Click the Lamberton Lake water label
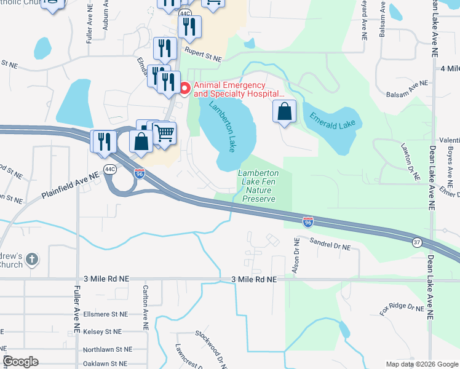click(x=223, y=127)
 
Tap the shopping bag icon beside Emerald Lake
click(x=284, y=112)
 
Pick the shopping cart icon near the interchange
click(x=164, y=132)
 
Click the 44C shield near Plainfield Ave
click(x=110, y=169)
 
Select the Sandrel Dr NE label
click(x=330, y=245)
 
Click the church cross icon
click(x=32, y=260)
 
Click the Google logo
click(x=21, y=361)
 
